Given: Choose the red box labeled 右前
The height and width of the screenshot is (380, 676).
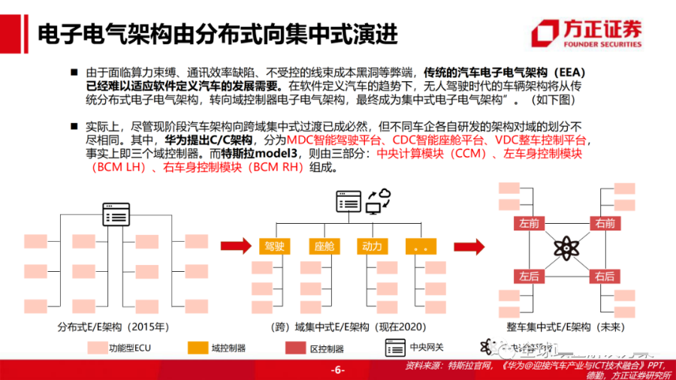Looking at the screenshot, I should tap(604, 223).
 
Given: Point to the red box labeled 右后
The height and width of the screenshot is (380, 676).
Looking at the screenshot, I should tap(604, 276).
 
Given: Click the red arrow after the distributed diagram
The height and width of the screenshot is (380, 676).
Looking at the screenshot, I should tap(234, 246).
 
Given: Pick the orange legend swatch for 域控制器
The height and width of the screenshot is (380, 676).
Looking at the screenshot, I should tap(197, 348).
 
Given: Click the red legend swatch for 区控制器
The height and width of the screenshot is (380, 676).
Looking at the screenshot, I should tap(295, 348).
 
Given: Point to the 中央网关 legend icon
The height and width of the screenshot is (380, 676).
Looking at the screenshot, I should tap(394, 347).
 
